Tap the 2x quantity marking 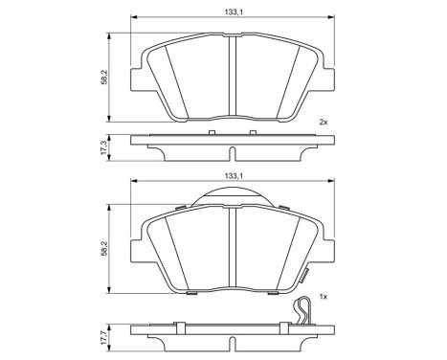tap(323, 122)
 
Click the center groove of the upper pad tap(234, 77)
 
